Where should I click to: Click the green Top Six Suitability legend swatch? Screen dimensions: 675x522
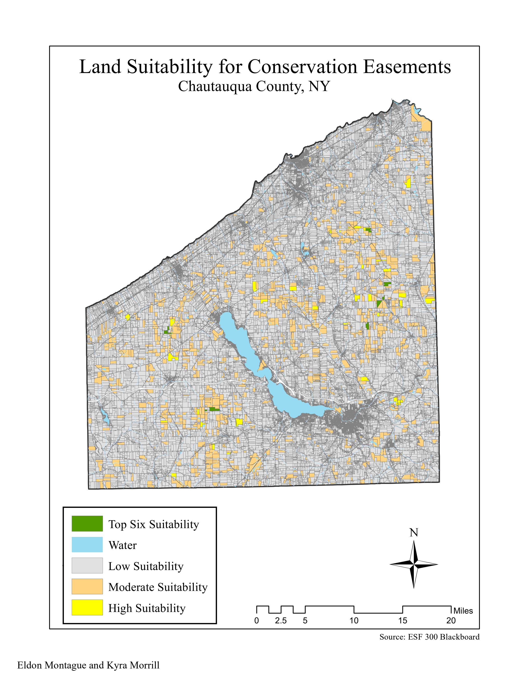[87, 524]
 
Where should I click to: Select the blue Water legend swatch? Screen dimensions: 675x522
[87, 545]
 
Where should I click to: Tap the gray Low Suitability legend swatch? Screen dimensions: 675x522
[87, 566]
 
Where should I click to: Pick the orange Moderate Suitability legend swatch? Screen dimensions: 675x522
[87, 586]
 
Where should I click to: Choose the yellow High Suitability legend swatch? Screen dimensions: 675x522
[87, 607]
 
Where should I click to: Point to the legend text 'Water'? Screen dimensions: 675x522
[122, 545]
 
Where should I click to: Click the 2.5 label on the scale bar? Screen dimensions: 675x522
[281, 620]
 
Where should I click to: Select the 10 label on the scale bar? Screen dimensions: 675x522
[354, 620]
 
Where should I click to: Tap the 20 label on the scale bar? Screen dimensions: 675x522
[451, 620]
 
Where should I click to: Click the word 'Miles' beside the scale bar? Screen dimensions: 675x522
[463, 611]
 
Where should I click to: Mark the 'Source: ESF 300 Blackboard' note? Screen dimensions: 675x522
[429, 637]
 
